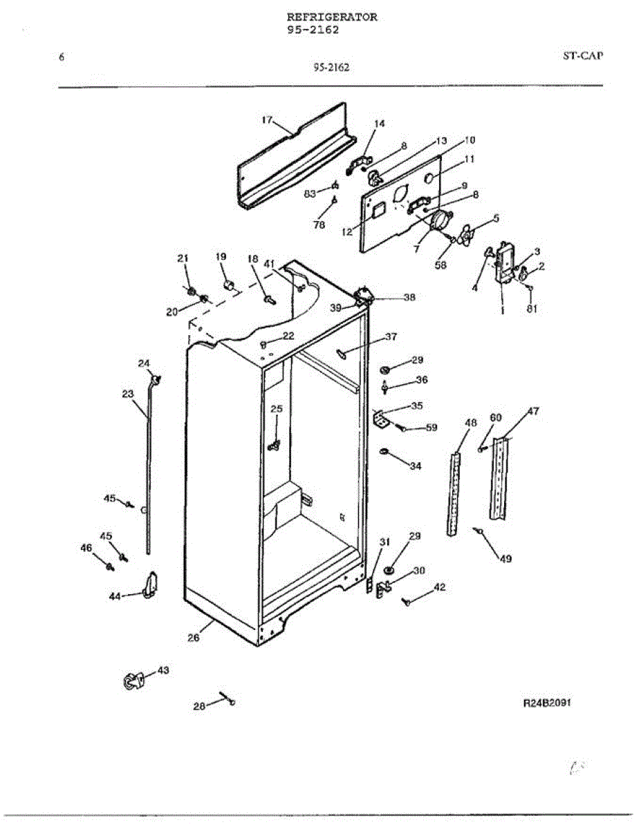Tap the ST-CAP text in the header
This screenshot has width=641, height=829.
pyautogui.click(x=582, y=56)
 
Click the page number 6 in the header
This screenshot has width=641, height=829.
pyautogui.click(x=62, y=57)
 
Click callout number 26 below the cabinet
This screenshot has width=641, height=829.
pyautogui.click(x=194, y=638)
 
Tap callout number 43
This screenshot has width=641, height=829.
pyautogui.click(x=162, y=670)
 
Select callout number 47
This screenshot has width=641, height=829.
pyautogui.click(x=514, y=411)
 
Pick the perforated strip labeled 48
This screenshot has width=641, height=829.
pyautogui.click(x=453, y=494)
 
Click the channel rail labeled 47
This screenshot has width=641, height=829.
pyautogui.click(x=499, y=480)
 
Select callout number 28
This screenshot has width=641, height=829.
pyautogui.click(x=199, y=706)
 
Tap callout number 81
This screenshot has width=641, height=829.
pyautogui.click(x=532, y=309)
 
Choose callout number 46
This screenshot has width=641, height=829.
pyautogui.click(x=86, y=548)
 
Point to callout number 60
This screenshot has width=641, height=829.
pyautogui.click(x=495, y=417)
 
